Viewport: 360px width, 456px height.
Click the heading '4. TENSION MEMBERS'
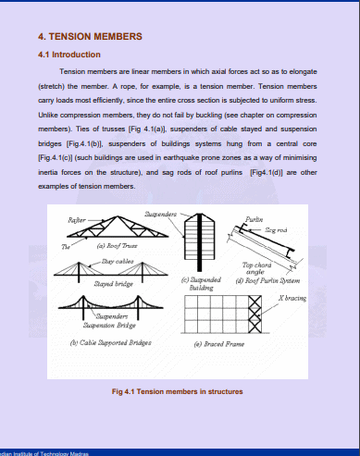(89, 36)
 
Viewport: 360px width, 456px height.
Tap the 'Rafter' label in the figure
(77, 220)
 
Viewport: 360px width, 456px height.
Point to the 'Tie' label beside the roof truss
(65, 246)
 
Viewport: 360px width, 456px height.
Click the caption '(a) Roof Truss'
(94, 248)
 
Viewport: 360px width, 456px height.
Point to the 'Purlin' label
(254, 218)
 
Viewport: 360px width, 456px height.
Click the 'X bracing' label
(292, 298)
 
